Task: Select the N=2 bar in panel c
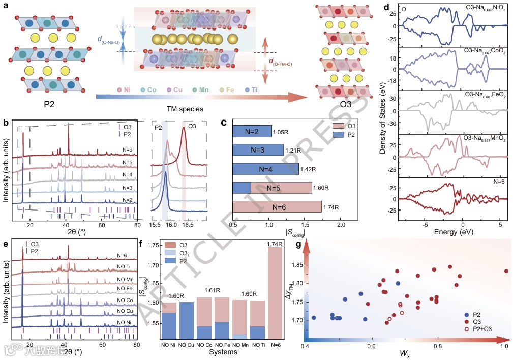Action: pos(252,131)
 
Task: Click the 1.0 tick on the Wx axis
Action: pos(504,346)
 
